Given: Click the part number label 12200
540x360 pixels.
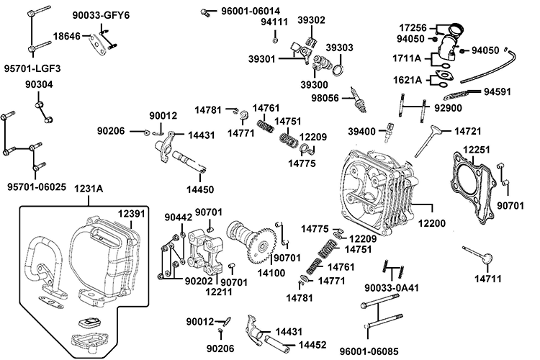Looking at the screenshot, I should pos(431,223).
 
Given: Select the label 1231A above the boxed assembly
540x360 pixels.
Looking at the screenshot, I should pos(89,189).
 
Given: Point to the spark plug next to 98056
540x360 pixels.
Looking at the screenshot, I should pos(354,99).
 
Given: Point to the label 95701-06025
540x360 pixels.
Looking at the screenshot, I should pos(37,186).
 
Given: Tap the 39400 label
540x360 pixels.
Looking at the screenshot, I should pos(362,132).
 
